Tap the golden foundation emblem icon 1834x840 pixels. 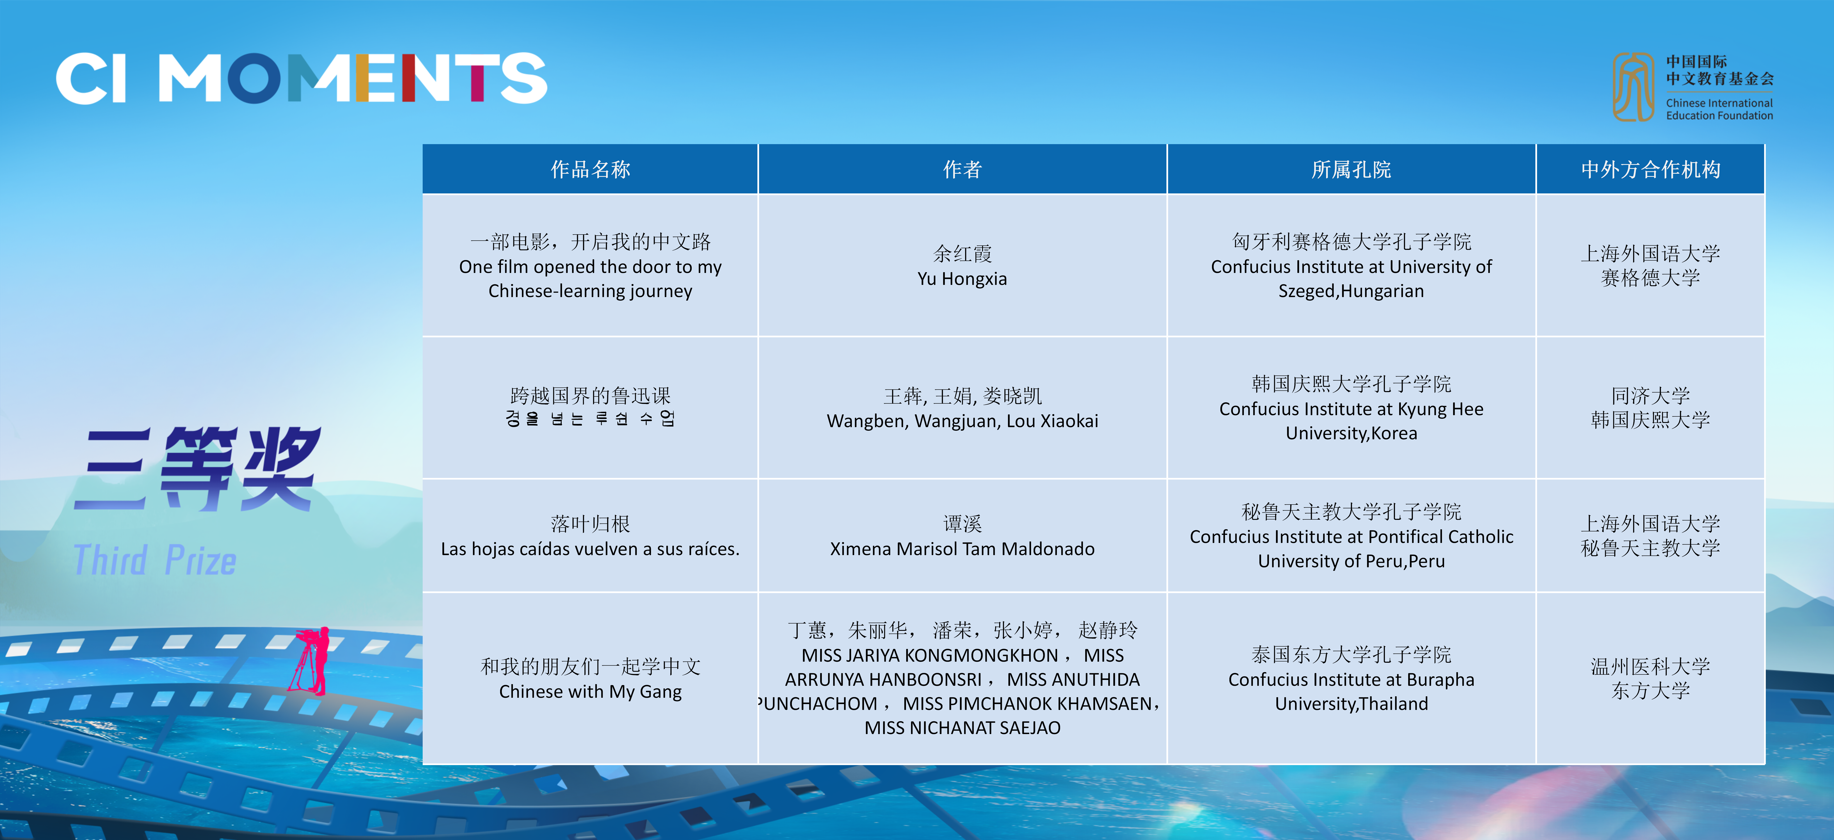click(1633, 87)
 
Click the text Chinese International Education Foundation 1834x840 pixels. click(1719, 109)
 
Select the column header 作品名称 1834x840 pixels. click(590, 170)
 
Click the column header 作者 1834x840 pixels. click(962, 170)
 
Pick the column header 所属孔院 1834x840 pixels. click(1351, 170)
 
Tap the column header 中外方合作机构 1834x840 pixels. click(1650, 170)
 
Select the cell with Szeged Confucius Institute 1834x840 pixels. click(1351, 266)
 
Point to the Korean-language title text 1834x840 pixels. click(590, 419)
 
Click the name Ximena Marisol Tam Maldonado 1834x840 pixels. click(962, 549)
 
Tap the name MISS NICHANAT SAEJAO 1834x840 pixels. click(962, 728)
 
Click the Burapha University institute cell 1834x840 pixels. click(1351, 678)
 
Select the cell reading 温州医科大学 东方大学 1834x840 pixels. click(1650, 678)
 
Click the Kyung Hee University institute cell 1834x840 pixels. click(1351, 408)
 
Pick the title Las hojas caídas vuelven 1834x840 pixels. click(590, 549)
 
